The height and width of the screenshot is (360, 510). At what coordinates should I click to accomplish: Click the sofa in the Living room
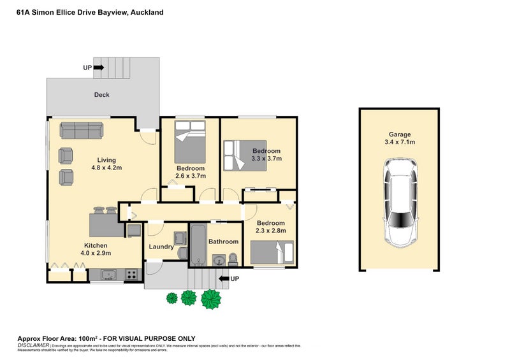click(x=81, y=131)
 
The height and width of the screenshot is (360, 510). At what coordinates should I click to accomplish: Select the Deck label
click(x=102, y=95)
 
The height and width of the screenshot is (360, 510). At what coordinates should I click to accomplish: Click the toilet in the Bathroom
click(x=233, y=258)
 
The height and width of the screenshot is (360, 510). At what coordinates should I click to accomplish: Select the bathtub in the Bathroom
click(x=198, y=245)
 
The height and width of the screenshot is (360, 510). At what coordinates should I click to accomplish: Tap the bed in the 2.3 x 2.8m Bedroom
click(x=273, y=252)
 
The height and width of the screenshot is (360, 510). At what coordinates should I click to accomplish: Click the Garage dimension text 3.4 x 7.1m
click(x=400, y=143)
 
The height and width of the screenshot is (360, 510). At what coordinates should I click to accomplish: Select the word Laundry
click(x=161, y=247)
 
